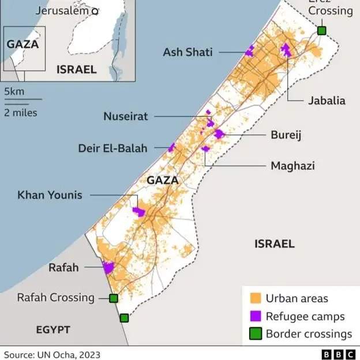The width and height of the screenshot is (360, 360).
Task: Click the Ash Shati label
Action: click(187, 52)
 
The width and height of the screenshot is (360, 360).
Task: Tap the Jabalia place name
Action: click(327, 100)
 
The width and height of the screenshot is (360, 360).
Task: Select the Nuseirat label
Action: click(126, 117)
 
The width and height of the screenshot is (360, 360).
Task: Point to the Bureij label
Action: click(286, 135)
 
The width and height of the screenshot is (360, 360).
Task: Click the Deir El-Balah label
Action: click(112, 148)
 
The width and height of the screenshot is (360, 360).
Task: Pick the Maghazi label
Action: click(292, 166)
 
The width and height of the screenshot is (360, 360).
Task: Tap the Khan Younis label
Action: click(50, 195)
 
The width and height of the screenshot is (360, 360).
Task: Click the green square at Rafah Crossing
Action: click(114, 298)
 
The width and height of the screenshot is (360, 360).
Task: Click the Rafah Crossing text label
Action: click(55, 298)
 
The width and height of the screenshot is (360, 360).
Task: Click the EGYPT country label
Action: click(53, 330)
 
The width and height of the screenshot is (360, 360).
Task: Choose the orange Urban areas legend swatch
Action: click(254, 299)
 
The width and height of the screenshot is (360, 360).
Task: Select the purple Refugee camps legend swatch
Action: click(254, 316)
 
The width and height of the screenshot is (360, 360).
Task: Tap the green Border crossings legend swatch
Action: click(254, 333)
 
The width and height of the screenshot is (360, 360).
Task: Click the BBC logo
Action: click(337, 354)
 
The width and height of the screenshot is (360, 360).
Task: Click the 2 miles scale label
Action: click(21, 112)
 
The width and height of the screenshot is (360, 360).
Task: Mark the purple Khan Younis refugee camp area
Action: click(138, 212)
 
